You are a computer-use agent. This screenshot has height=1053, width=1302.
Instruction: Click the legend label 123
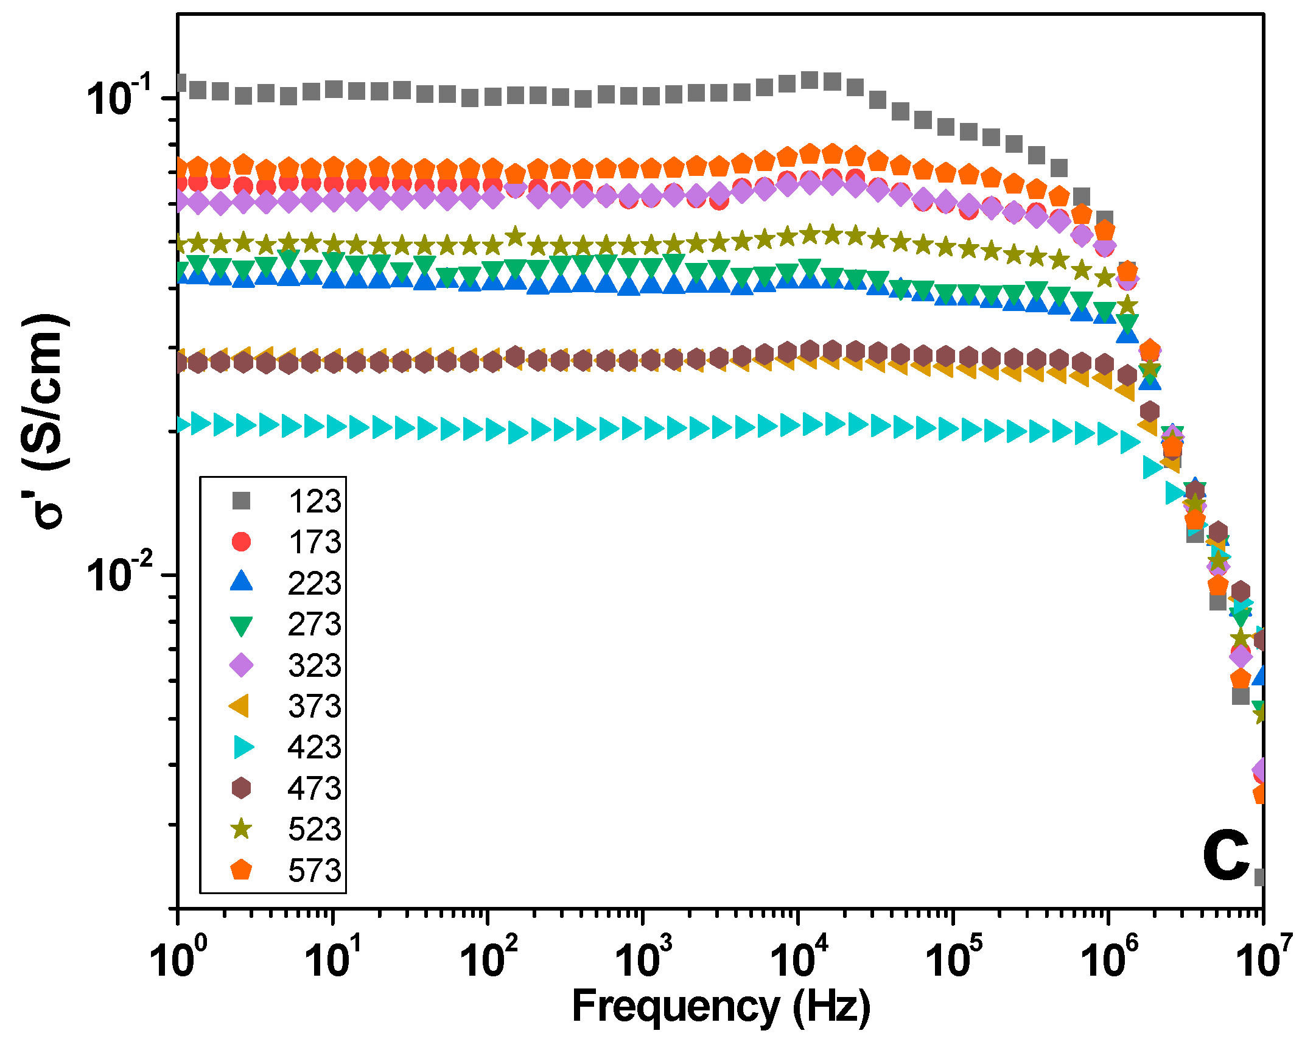[315, 501]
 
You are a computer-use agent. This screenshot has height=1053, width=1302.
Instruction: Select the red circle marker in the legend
[241, 541]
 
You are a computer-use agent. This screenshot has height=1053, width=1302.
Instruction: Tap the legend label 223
[315, 582]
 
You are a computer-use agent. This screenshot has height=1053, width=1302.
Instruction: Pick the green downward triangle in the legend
[241, 625]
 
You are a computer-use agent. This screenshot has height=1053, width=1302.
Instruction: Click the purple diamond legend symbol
[241, 665]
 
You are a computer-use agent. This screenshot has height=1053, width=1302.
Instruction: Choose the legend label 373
[315, 705]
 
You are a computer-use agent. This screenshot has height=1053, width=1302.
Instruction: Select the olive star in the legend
[241, 828]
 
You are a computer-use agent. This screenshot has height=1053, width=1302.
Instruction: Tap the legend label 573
[315, 870]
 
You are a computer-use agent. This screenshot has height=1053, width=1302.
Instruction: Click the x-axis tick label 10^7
[1264, 959]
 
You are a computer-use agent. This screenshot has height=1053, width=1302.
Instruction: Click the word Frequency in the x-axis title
[676, 1007]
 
